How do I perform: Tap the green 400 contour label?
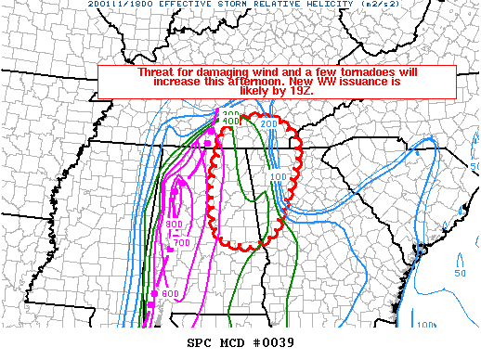[231, 122]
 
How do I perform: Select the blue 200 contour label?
[268, 123]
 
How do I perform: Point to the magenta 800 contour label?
[174, 225]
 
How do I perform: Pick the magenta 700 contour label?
[181, 243]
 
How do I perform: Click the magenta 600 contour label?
[170, 294]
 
